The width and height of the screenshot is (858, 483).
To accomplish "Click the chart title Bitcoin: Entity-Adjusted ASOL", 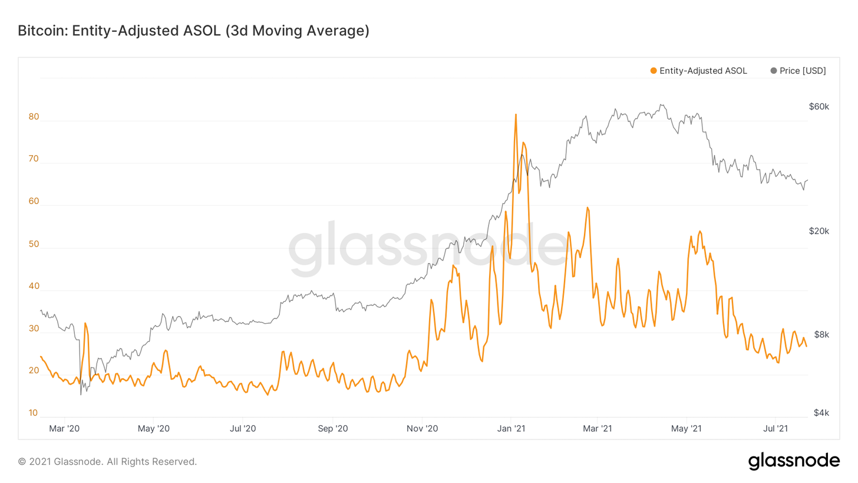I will [193, 31].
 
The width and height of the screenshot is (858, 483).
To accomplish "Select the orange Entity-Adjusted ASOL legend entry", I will [698, 71].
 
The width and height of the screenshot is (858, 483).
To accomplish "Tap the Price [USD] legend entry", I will [798, 71].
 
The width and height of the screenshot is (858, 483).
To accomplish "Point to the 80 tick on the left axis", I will [34, 117].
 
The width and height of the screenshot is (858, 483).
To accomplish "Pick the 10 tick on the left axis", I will [34, 413].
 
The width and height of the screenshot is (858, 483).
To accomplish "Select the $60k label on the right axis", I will [819, 107].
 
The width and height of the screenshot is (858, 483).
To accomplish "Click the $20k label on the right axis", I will [819, 231].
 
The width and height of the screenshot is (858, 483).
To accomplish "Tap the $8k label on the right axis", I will [821, 334].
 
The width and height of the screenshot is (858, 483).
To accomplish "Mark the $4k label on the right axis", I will [821, 413].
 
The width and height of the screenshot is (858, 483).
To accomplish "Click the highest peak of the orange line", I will [516, 115].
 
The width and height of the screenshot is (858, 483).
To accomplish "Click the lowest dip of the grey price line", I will [81, 394].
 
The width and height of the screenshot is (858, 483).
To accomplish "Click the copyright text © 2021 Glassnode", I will [107, 461].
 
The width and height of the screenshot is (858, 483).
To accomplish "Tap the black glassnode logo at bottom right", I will [794, 461].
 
